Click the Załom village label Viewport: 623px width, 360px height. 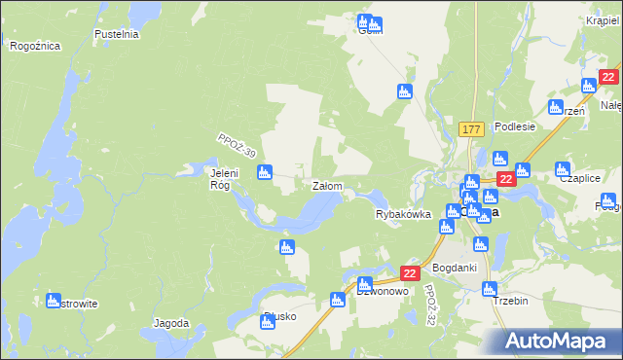pyautogui.click(x=325, y=185)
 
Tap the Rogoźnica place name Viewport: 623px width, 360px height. pyautogui.click(x=35, y=46)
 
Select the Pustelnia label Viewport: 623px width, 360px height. pyautogui.click(x=117, y=34)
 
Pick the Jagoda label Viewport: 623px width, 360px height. pyautogui.click(x=170, y=322)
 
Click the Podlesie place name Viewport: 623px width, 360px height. pyautogui.click(x=515, y=126)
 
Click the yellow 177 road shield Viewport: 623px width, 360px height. pyautogui.click(x=471, y=129)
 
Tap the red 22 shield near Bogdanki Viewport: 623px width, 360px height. pyautogui.click(x=410, y=274)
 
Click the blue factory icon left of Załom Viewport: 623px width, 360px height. pyautogui.click(x=264, y=173)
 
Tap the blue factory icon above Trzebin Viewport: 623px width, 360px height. pyautogui.click(x=490, y=289)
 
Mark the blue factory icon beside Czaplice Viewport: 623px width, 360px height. pyautogui.click(x=563, y=168)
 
